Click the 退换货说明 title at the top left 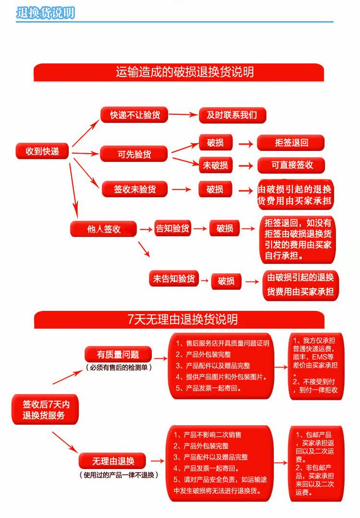click(45, 13)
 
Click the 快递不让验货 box click(134, 115)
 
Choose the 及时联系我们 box click(232, 115)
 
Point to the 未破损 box click(215, 165)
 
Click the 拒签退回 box click(291, 143)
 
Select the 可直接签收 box click(291, 165)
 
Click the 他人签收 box click(103, 229)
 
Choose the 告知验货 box click(172, 228)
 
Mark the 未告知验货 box click(174, 279)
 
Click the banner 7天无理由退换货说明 click(179, 319)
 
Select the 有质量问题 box click(118, 355)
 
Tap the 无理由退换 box click(113, 461)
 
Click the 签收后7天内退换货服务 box click(43, 409)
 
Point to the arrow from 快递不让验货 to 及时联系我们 click(183, 115)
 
